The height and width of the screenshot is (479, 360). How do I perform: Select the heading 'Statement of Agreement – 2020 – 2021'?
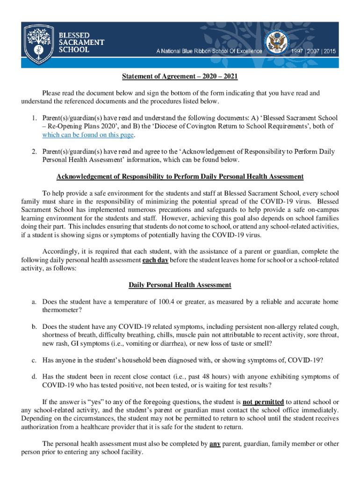pos(180,77)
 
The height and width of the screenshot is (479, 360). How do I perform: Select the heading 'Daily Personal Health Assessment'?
pos(180,285)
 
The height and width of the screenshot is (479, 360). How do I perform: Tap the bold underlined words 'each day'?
pos(155,260)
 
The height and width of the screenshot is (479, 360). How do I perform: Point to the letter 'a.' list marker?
pos(34,302)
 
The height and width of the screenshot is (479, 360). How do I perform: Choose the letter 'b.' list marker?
pos(34,326)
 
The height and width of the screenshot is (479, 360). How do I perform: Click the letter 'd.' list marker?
pos(34,377)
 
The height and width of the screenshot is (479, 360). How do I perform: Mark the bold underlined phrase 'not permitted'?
pos(263,402)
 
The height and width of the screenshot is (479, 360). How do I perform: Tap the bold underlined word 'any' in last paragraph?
pos(215,444)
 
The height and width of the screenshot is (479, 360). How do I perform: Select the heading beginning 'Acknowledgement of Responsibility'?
pos(180,176)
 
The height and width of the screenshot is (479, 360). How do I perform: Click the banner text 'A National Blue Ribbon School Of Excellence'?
pos(209,51)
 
